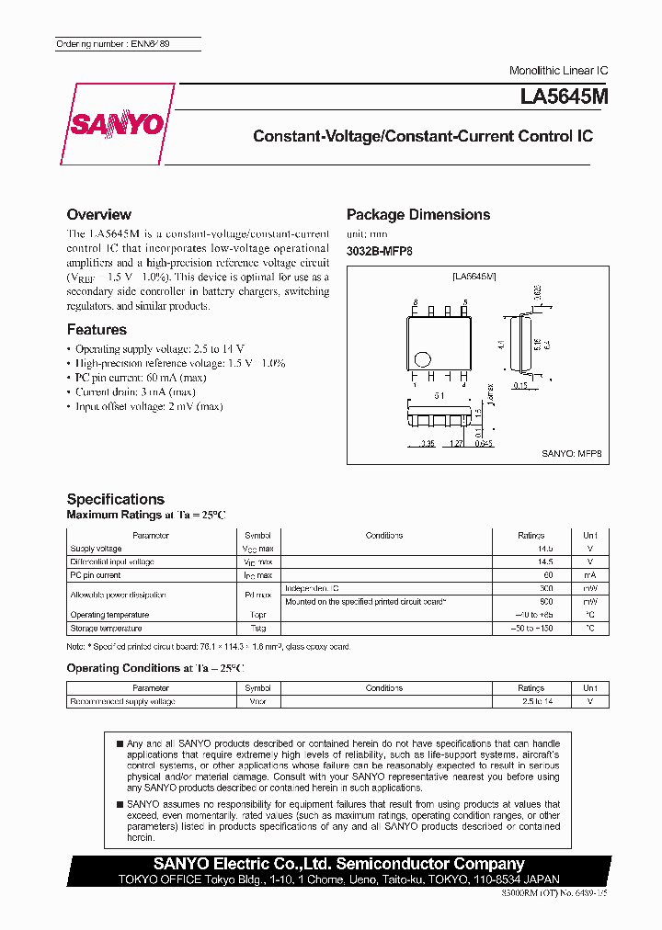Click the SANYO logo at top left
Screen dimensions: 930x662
[117, 125]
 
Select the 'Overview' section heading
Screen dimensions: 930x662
[99, 214]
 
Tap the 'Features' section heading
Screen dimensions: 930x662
[97, 329]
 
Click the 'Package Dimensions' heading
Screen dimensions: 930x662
[418, 214]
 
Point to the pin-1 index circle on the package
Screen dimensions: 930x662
[423, 359]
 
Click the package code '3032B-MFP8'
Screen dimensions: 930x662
[379, 251]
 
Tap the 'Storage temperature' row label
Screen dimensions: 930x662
[106, 629]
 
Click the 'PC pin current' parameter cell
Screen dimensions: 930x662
[96, 575]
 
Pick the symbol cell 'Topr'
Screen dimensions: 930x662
[257, 615]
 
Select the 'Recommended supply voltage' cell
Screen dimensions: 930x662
[122, 701]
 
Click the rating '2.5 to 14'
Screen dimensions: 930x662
[531, 701]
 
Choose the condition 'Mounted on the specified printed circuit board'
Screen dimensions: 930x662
[366, 601]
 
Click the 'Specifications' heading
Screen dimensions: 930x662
[116, 499]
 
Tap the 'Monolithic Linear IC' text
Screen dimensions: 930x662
[559, 71]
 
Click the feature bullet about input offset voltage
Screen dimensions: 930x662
[148, 406]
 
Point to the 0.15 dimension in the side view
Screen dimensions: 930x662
[519, 386]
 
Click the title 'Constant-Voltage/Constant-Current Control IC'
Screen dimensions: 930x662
[423, 136]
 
